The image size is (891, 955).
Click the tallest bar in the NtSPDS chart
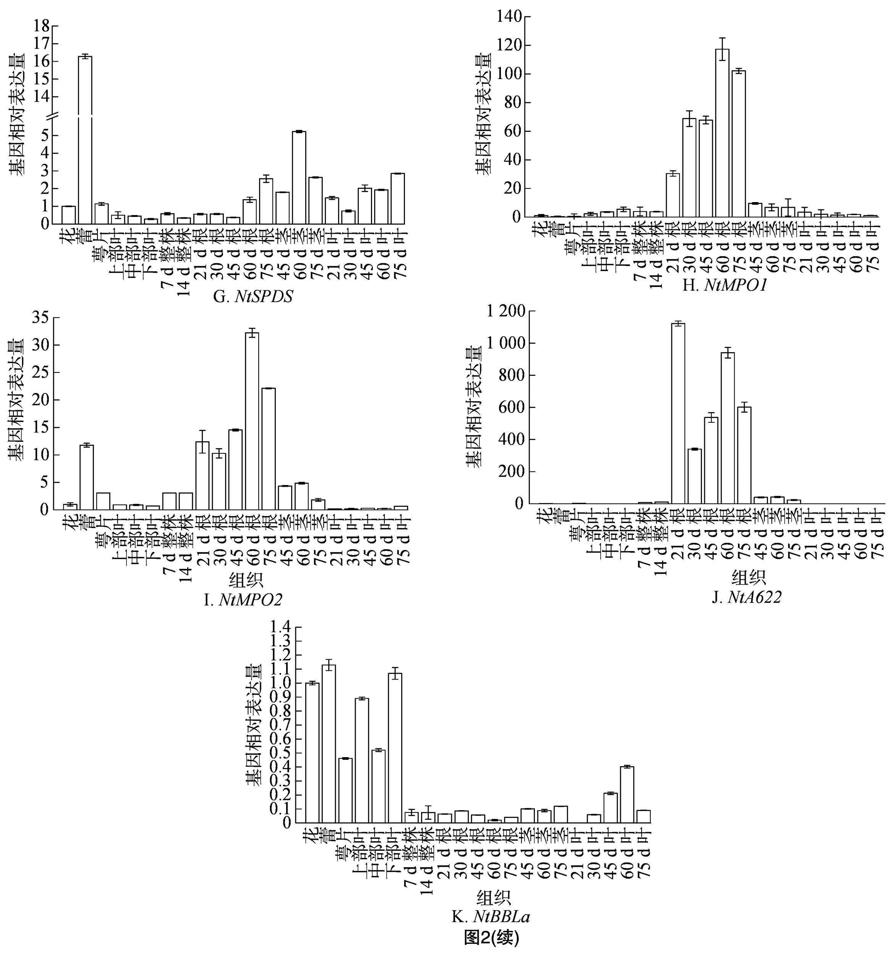point(85,139)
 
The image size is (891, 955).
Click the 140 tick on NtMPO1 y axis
point(508,17)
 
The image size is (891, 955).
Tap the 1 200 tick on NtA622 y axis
point(505,312)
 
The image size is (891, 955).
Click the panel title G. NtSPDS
point(253,297)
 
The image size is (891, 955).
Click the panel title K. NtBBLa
point(490,916)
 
